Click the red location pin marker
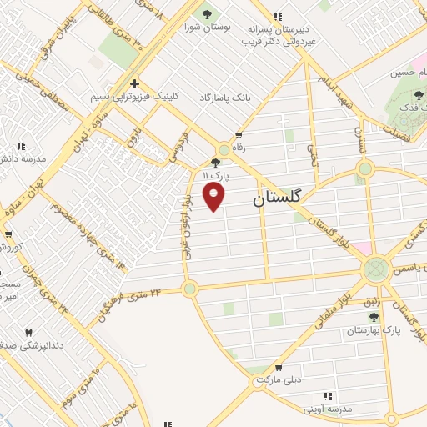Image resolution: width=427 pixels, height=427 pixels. click(215, 197)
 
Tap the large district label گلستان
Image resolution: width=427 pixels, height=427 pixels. click(288, 199)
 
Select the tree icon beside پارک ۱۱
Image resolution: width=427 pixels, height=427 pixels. click(216, 163)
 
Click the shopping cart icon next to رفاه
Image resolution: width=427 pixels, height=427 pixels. click(239, 134)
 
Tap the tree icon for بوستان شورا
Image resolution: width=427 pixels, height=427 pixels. click(206, 13)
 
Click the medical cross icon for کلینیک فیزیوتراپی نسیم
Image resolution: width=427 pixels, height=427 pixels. click(134, 83)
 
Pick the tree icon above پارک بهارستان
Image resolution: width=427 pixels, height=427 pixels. click(373, 318)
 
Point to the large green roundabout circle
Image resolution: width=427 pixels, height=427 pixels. click(376, 269)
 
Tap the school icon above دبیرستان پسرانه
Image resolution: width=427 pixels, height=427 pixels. click(278, 15)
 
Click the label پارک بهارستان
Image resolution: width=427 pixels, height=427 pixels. click(374, 331)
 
